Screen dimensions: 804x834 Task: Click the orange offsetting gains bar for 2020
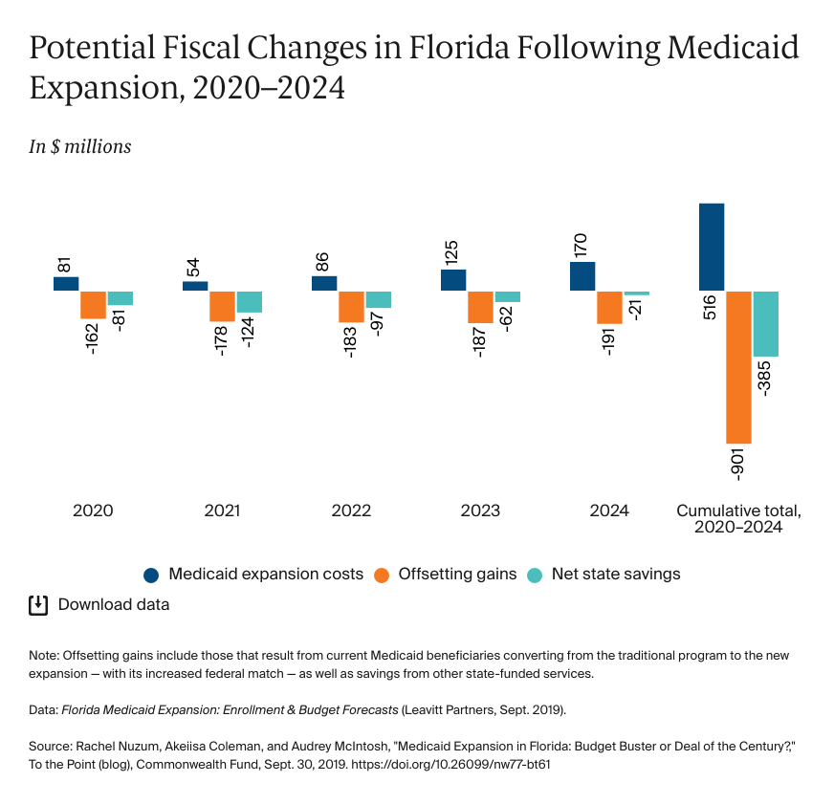click(93, 304)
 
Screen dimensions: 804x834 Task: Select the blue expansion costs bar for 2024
click(582, 275)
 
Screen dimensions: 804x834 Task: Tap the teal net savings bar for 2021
click(250, 301)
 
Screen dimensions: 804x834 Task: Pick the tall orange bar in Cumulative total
click(738, 366)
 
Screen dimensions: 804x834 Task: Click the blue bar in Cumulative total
click(712, 247)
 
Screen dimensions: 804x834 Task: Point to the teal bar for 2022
click(379, 299)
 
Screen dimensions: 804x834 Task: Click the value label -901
click(737, 464)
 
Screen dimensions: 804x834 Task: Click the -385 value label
click(765, 379)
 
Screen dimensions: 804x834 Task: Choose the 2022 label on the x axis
click(351, 511)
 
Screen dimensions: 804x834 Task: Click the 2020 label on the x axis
click(93, 511)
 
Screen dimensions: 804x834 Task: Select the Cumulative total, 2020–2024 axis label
click(738, 518)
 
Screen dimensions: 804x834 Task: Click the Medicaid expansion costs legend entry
click(253, 575)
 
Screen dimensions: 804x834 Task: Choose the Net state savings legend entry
click(604, 575)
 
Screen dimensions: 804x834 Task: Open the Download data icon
click(38, 604)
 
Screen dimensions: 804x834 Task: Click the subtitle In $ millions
click(80, 147)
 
